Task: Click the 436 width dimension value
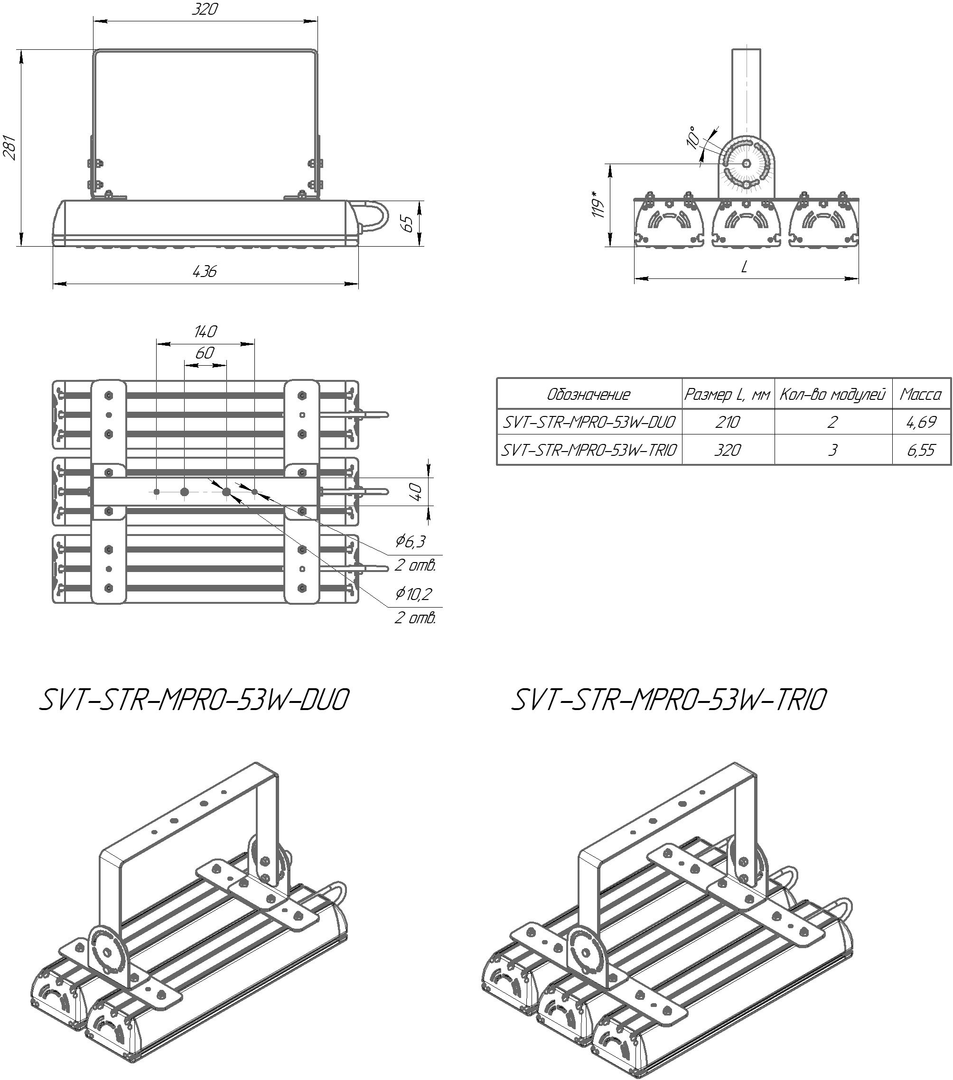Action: (205, 272)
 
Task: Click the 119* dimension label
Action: (598, 205)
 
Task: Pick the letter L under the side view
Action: (744, 268)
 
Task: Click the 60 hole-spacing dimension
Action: (205, 352)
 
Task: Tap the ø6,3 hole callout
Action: (411, 541)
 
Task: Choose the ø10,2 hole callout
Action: (413, 593)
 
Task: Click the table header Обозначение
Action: (589, 394)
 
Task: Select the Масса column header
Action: (921, 394)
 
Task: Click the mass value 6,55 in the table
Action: (921, 450)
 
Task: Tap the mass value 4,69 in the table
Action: (921, 422)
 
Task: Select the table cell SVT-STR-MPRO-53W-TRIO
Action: (589, 450)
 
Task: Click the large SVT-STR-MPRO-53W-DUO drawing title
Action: (194, 700)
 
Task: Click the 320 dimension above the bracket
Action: (205, 9)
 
